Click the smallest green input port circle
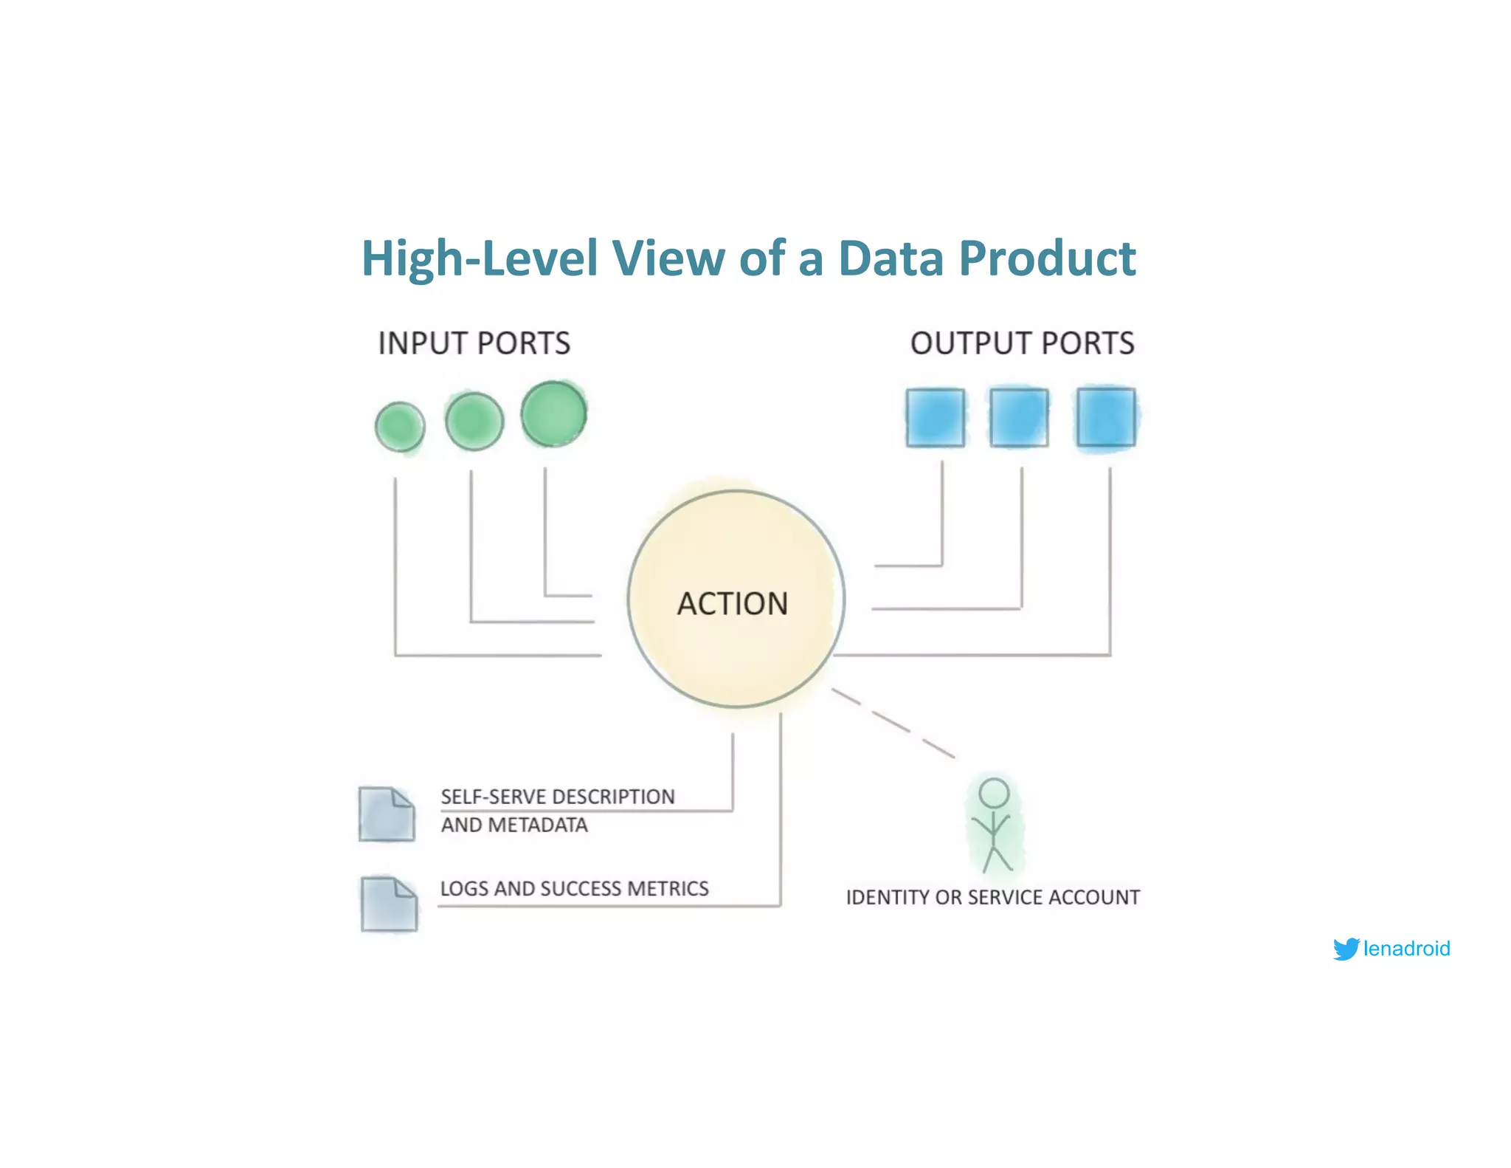pos(400,427)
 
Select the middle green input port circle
pos(474,422)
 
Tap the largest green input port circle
pos(554,413)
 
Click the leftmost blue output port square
pos(936,418)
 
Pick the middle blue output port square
pos(1019,418)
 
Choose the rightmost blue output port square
pos(1106,417)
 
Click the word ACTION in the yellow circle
pos(733,603)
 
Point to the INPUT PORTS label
pos(474,343)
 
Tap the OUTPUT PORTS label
pos(1022,343)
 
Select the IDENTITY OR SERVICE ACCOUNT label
pos(992,897)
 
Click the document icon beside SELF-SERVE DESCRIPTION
pos(387,814)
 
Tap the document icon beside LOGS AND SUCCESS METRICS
pos(389,904)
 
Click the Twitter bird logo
pos(1346,948)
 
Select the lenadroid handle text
pos(1406,948)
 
